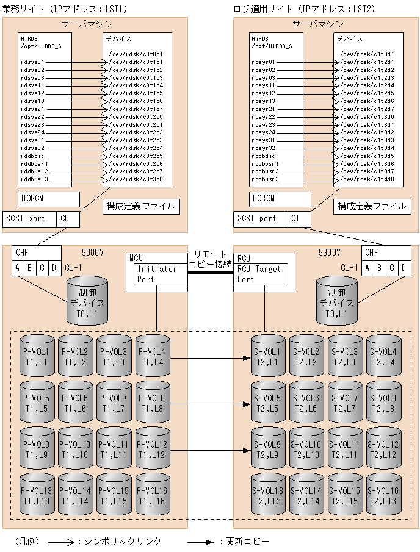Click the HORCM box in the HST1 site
(x=49, y=199)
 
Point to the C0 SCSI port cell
(x=65, y=218)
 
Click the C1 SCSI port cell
(x=295, y=218)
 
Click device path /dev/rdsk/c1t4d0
(x=367, y=179)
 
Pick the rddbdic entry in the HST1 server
(x=33, y=156)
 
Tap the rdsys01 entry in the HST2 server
(x=264, y=62)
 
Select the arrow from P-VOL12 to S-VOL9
(x=211, y=451)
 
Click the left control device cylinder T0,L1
(x=87, y=300)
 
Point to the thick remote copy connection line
(x=211, y=273)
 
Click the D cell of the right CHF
(x=405, y=268)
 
